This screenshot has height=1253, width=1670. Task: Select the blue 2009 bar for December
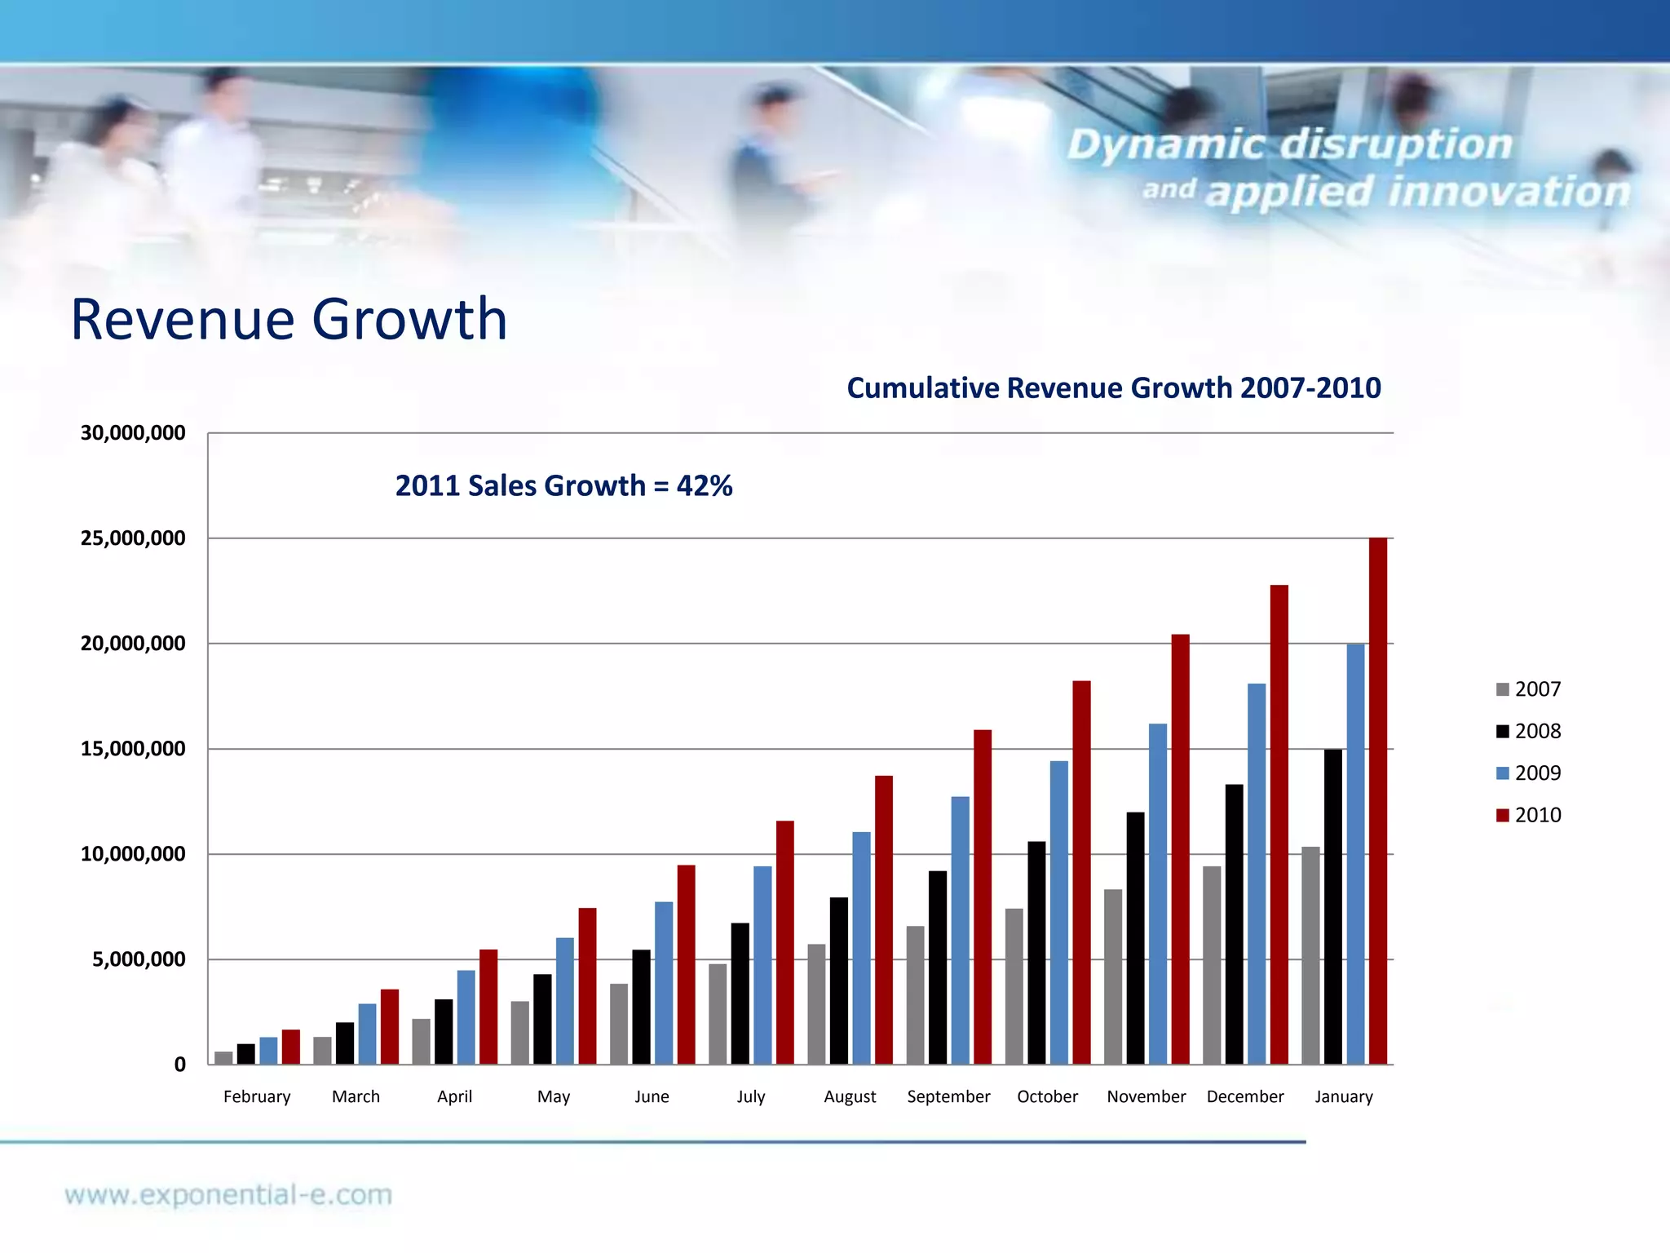(x=1257, y=874)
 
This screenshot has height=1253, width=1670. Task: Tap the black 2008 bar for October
(x=1036, y=953)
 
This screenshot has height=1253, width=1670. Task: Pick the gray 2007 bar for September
(x=915, y=995)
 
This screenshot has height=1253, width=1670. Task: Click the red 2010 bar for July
(x=784, y=942)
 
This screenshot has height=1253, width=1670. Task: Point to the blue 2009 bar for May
(x=565, y=1001)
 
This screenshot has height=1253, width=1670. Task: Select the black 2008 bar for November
(x=1135, y=938)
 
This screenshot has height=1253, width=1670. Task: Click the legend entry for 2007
(x=1528, y=689)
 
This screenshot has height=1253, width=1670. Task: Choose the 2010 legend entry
(x=1528, y=815)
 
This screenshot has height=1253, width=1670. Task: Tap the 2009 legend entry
(x=1528, y=773)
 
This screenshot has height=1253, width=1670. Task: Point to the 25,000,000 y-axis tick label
(x=133, y=538)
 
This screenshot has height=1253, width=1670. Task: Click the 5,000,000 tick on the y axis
(x=139, y=959)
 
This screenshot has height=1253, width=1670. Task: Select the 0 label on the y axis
(x=179, y=1065)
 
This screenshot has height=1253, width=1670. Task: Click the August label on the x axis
(x=850, y=1097)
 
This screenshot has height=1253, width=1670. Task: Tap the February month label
(x=257, y=1097)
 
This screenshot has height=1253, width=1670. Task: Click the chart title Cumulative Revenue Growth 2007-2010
(x=1113, y=388)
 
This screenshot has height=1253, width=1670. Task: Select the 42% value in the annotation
(x=704, y=486)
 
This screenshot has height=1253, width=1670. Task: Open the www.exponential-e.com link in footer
(x=228, y=1195)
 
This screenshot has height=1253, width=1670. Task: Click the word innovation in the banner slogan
(x=1508, y=193)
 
